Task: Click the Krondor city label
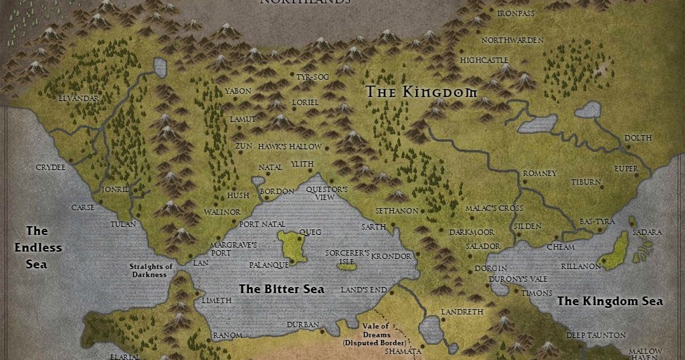pyautogui.click(x=391, y=256)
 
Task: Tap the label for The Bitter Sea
pyautogui.click(x=282, y=289)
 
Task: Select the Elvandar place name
pyautogui.click(x=78, y=98)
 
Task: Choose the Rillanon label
pyautogui.click(x=581, y=266)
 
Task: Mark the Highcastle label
pyautogui.click(x=484, y=60)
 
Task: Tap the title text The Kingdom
pyautogui.click(x=421, y=92)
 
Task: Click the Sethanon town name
pyautogui.click(x=397, y=211)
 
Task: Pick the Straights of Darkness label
pyautogui.click(x=151, y=270)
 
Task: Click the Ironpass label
pyautogui.click(x=516, y=13)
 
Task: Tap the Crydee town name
pyautogui.click(x=51, y=167)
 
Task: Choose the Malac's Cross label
pyautogui.click(x=494, y=209)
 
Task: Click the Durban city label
pyautogui.click(x=302, y=325)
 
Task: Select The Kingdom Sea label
pyautogui.click(x=610, y=301)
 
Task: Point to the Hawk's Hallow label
pyautogui.click(x=290, y=147)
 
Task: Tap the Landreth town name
pyautogui.click(x=462, y=312)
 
